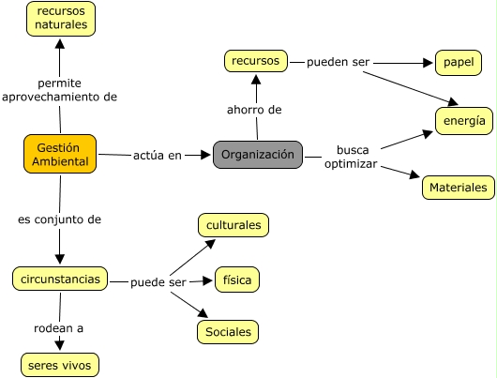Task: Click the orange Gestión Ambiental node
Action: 60,154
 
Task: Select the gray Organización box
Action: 258,155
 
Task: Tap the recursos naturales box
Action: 61,19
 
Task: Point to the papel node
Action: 459,63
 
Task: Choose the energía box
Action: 464,121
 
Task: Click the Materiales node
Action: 459,188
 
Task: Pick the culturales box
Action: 233,225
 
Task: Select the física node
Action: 237,280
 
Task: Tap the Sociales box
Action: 228,332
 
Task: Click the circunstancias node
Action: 60,280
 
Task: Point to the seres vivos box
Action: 60,365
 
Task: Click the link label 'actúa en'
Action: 158,156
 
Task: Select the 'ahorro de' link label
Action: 254,110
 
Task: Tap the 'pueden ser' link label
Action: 338,62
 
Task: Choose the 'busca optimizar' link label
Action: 352,157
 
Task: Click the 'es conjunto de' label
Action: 60,219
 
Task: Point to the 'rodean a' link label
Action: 59,328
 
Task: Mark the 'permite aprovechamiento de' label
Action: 60,90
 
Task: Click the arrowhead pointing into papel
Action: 428,63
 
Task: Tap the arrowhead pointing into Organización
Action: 205,155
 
